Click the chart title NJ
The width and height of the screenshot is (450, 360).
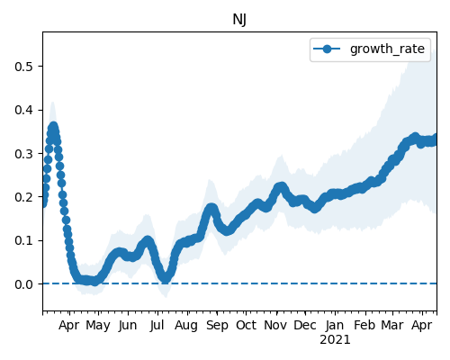pos(239,20)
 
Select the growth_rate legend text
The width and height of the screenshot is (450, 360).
pos(387,49)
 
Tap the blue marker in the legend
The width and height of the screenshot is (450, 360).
pos(327,49)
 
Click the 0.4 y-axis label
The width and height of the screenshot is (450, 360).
pos(23,110)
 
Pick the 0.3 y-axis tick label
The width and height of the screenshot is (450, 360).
pos(23,154)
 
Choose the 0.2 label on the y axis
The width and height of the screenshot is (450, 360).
pos(23,197)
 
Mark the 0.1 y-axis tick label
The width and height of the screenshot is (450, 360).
pos(23,240)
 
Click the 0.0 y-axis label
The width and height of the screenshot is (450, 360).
pos(23,284)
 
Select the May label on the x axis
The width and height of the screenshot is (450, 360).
pos(98,326)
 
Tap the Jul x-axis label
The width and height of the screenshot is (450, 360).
pos(157,325)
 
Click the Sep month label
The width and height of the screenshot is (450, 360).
pos(217,326)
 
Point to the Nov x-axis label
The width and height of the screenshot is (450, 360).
pos(275,325)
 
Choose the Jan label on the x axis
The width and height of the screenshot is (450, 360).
pos(335,325)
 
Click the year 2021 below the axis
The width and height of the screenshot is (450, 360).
pos(335,340)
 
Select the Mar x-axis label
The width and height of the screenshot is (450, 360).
pos(392,325)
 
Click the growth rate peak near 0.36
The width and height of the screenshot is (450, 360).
pos(53,127)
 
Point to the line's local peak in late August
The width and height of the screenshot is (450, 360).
pos(211,208)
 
